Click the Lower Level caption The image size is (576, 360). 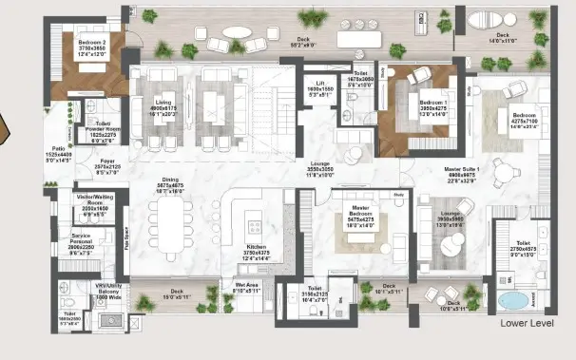click(526, 323)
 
